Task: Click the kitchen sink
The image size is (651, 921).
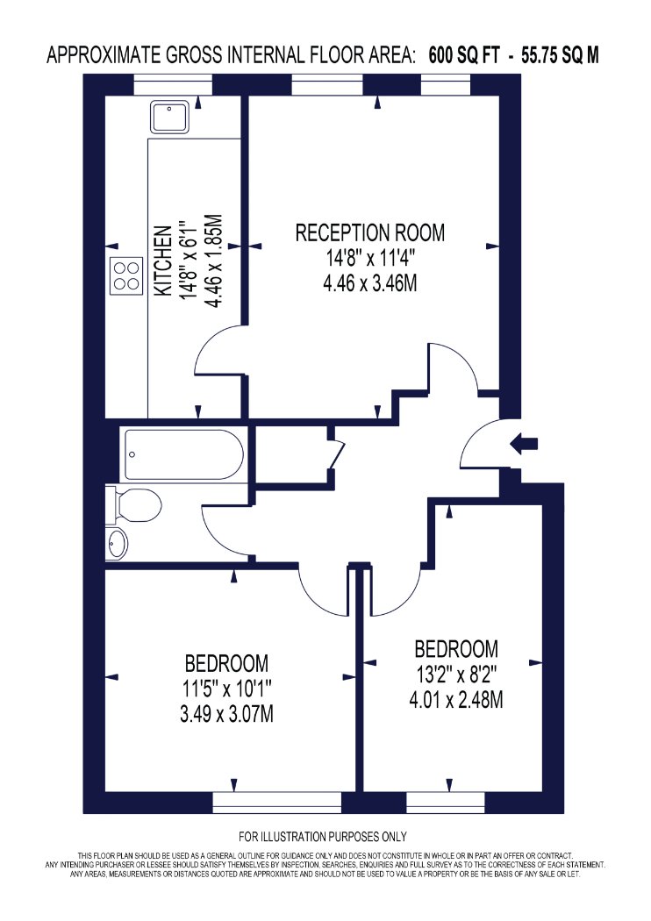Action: tap(170, 118)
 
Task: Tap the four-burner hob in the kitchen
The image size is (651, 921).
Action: tap(127, 276)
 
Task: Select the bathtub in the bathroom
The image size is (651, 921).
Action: tap(183, 454)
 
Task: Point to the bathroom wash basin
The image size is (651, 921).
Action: tap(117, 542)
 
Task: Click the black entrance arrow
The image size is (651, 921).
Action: tap(524, 443)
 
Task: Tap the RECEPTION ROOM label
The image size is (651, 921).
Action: tap(369, 232)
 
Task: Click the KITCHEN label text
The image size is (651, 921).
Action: tap(163, 261)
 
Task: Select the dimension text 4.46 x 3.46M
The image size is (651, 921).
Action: tap(369, 283)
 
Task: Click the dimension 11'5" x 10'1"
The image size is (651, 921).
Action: tap(226, 689)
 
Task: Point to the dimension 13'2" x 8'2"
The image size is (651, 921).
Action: tap(456, 675)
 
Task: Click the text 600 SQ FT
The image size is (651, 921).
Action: tap(464, 56)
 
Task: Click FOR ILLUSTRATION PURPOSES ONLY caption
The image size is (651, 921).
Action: tap(323, 837)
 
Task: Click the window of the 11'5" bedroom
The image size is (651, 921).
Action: tap(276, 803)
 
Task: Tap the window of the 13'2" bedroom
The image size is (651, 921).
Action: tap(446, 803)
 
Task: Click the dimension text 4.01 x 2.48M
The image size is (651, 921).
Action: tap(456, 700)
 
